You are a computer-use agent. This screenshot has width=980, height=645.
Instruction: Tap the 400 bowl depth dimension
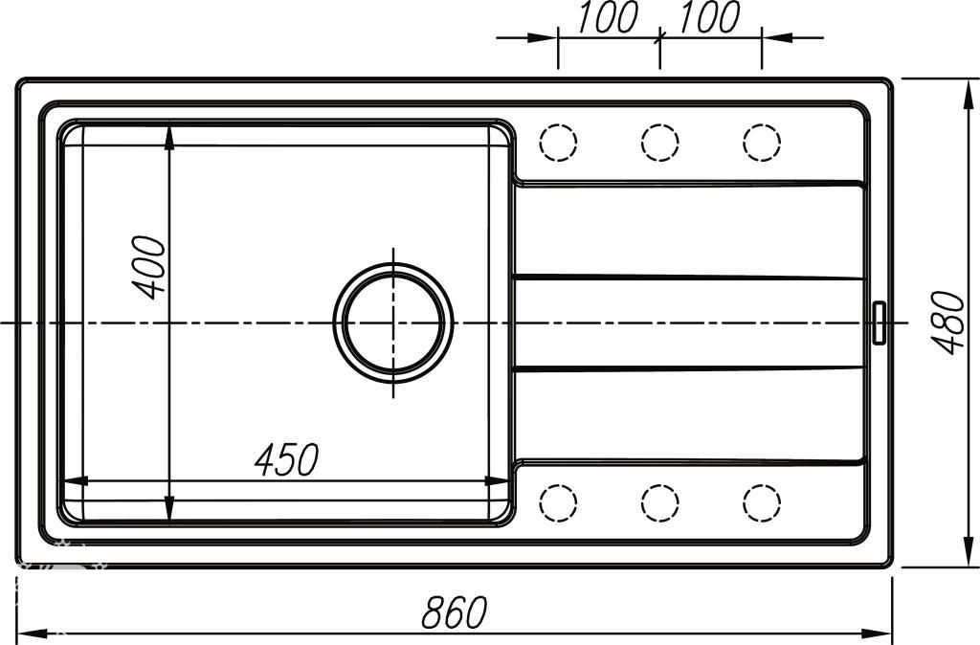pyautogui.click(x=150, y=267)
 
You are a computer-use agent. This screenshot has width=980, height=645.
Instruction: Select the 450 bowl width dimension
pyautogui.click(x=287, y=459)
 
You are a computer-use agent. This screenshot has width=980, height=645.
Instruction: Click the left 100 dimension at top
pyautogui.click(x=608, y=17)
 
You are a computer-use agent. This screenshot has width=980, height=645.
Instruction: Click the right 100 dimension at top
pyautogui.click(x=709, y=17)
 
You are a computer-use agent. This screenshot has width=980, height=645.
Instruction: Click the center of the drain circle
pyautogui.click(x=393, y=323)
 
